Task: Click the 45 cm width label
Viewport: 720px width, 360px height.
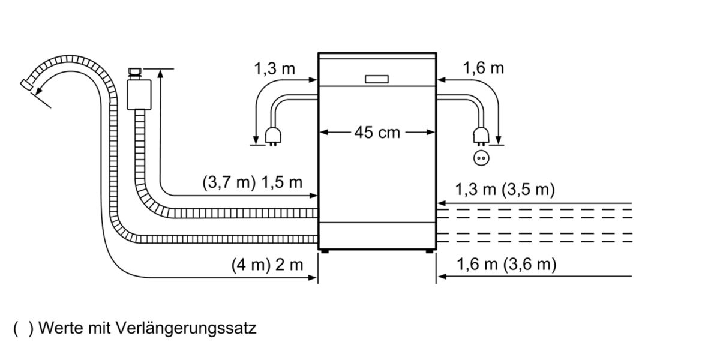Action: (376, 133)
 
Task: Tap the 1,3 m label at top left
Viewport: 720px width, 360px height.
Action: (274, 68)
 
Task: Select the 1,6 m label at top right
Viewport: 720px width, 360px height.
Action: (483, 68)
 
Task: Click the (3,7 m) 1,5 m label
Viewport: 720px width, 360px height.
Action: (253, 183)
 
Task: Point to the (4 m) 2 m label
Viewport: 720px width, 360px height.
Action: (267, 265)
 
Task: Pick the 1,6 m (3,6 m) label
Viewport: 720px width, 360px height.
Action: (506, 265)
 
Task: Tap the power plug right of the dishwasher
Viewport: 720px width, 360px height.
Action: (479, 136)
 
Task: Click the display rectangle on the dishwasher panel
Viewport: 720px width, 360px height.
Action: (376, 79)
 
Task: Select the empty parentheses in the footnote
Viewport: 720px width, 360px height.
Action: (23, 329)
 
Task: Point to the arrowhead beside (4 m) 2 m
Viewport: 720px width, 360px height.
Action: (313, 277)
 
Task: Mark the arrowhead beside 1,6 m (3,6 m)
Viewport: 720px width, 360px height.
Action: (441, 277)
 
